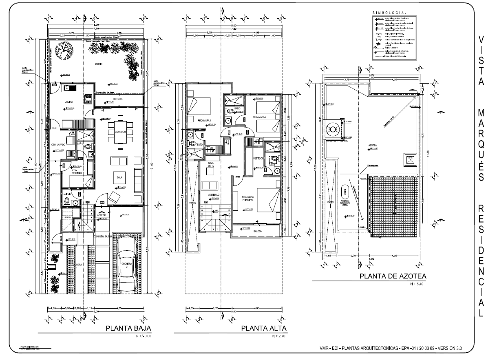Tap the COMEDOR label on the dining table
pos(120,132)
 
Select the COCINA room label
pos(68,102)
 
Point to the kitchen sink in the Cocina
pos(67,87)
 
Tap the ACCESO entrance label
pos(102,214)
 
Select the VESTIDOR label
pos(258,158)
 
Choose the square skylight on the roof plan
pos(409,160)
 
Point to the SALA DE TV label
pos(211,164)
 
